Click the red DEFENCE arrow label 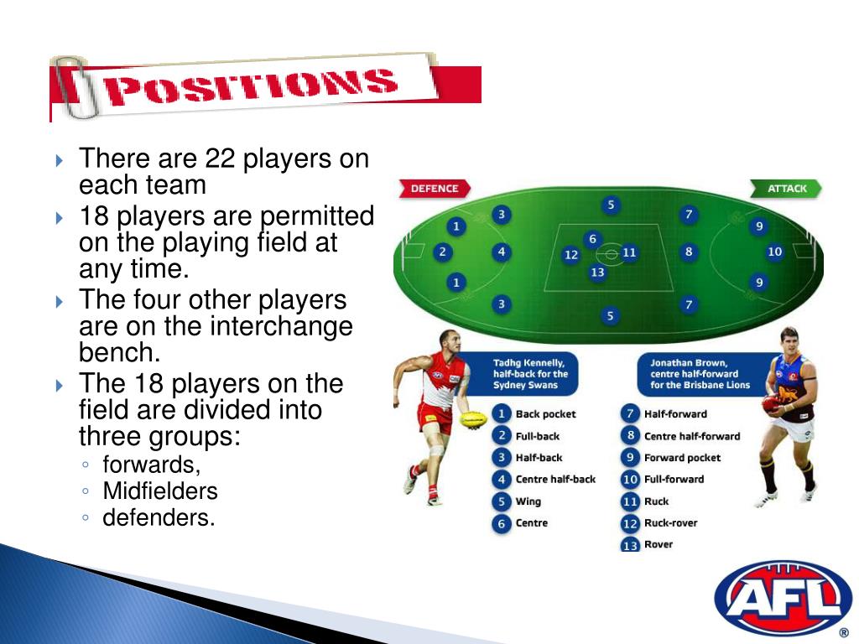click(x=434, y=189)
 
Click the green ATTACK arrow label click(x=786, y=189)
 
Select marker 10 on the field click(x=774, y=252)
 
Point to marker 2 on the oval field click(x=442, y=252)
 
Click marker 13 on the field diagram click(x=597, y=272)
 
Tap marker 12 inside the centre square click(x=571, y=255)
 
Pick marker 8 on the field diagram click(x=689, y=252)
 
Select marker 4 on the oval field click(x=501, y=252)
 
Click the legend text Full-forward click(x=674, y=480)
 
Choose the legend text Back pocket click(x=545, y=414)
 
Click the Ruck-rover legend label click(x=670, y=523)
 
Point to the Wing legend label click(x=528, y=501)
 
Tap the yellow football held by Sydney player click(x=474, y=418)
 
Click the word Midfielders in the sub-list click(x=160, y=491)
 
